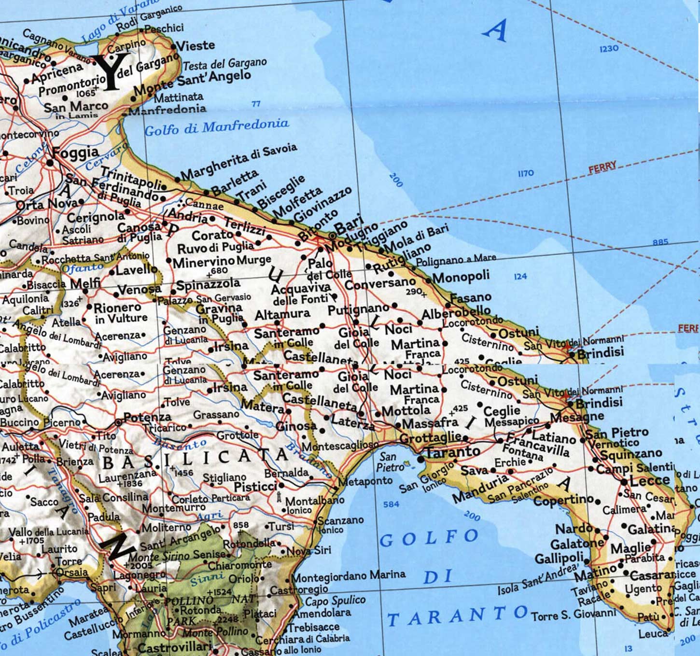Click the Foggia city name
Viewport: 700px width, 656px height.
76,153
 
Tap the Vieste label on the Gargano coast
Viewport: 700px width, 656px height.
196,46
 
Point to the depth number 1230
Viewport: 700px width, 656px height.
608,49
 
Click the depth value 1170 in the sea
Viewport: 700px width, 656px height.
525,173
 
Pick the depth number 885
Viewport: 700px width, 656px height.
660,242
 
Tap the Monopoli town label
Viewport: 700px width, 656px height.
461,277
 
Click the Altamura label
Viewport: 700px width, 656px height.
282,314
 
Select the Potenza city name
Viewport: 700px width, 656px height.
147,417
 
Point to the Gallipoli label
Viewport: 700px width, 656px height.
559,558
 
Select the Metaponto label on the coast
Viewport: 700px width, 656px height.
365,481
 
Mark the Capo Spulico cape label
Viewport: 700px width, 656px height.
336,601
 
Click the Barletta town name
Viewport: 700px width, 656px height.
235,182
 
